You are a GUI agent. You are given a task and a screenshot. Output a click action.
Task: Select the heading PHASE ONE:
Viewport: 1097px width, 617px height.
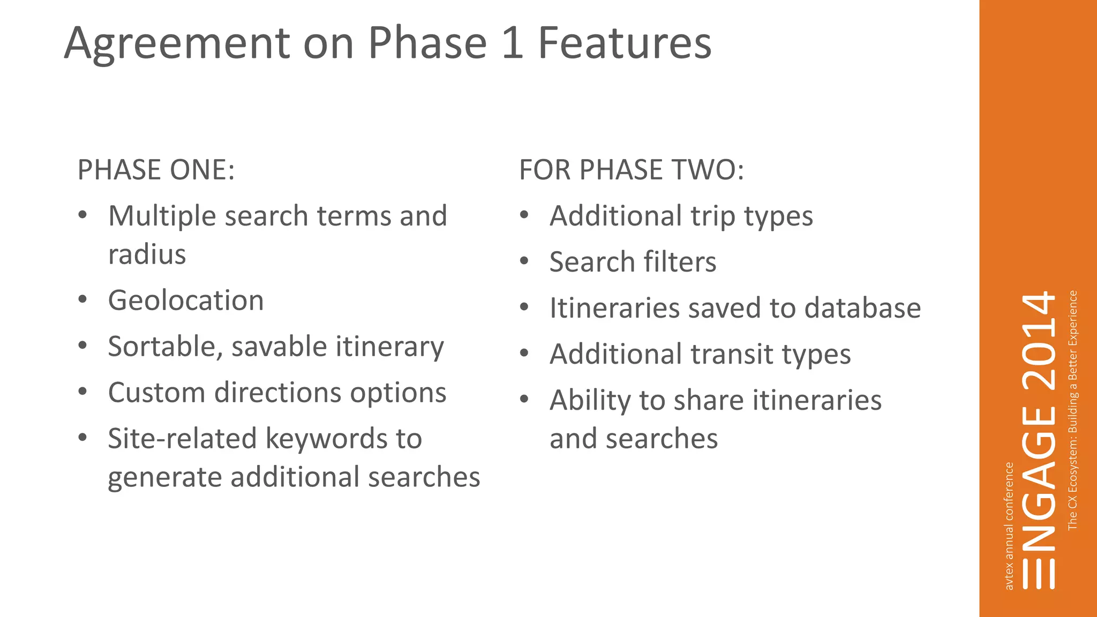click(156, 170)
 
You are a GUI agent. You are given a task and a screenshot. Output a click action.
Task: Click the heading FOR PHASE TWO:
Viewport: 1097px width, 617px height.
click(631, 170)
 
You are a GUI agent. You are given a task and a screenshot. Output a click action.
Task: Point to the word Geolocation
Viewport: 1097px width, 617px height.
click(186, 300)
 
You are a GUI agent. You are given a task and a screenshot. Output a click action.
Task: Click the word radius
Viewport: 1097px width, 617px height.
click(147, 254)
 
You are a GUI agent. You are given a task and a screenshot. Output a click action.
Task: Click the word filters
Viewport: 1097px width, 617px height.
click(680, 262)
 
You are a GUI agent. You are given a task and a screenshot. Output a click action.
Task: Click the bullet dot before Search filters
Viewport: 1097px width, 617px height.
click(524, 261)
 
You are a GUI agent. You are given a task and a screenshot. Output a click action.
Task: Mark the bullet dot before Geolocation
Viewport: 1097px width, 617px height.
click(82, 300)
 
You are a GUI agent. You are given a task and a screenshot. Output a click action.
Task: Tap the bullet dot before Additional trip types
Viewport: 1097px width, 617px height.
click(524, 215)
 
